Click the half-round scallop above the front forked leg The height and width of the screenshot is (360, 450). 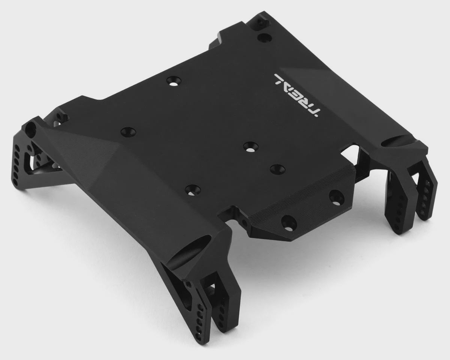tap(189, 249)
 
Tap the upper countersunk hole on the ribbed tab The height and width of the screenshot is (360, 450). tap(336, 196)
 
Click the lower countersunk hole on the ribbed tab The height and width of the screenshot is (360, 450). tap(289, 223)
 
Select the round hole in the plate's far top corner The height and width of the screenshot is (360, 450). tap(264, 37)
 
